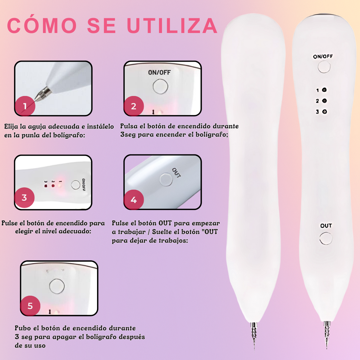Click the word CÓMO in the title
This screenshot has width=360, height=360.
(x=42, y=25)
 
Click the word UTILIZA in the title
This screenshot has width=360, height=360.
(x=172, y=25)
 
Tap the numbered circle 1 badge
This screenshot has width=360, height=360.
(x=25, y=106)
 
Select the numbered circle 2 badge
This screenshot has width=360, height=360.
(x=134, y=106)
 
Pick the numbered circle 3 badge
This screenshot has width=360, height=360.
(x=24, y=198)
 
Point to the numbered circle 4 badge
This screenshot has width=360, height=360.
(x=134, y=200)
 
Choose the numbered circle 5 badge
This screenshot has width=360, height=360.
(x=30, y=306)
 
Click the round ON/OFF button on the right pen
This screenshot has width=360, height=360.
(x=324, y=67)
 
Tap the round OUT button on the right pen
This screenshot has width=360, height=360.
(x=326, y=238)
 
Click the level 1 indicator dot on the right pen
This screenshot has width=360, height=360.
(x=324, y=90)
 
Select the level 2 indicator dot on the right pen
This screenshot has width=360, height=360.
(x=324, y=101)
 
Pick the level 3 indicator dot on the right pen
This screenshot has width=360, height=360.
(x=324, y=112)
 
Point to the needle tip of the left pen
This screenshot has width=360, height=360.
(x=254, y=349)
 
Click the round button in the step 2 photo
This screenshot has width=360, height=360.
(x=160, y=86)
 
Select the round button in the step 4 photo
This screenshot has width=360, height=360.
(x=166, y=180)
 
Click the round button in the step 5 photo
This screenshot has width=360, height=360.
(x=57, y=286)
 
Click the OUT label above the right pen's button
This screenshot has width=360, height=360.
(x=326, y=226)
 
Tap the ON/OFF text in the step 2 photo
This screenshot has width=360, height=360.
(x=159, y=73)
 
